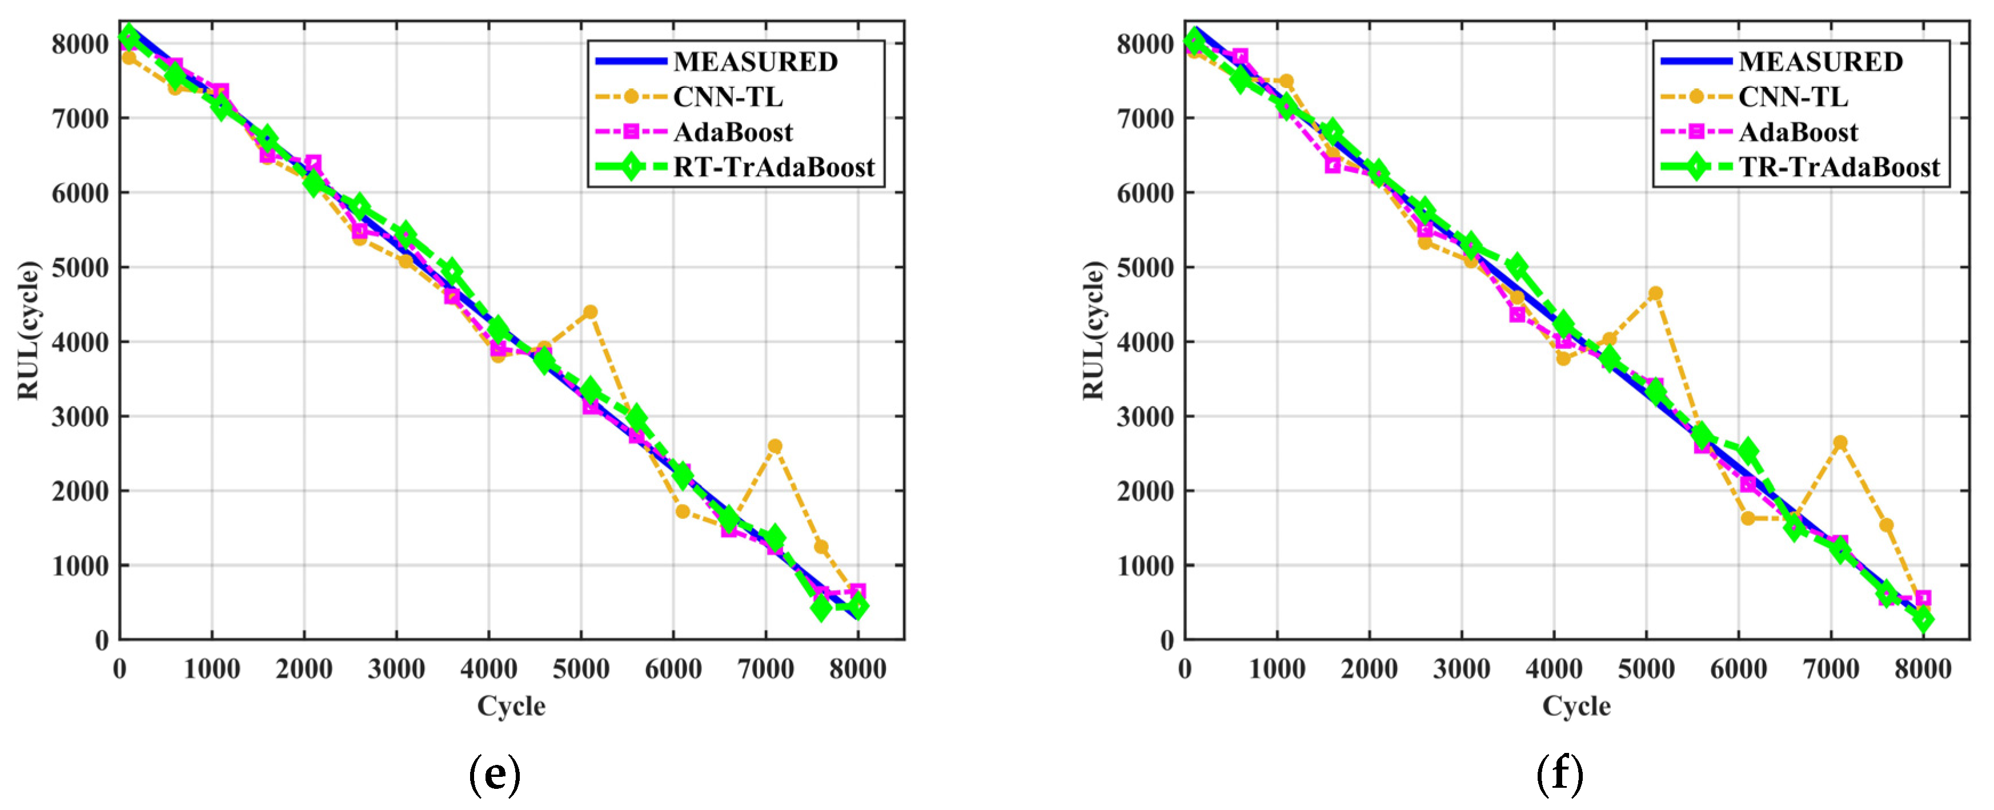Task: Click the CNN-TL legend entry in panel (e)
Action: [728, 96]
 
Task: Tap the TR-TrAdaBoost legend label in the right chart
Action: [1839, 167]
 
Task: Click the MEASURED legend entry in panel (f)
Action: [1820, 61]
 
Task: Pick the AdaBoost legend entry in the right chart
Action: [1798, 132]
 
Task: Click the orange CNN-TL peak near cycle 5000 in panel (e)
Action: [590, 312]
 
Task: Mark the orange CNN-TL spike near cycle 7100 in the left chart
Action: [774, 446]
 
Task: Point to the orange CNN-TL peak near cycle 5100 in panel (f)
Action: [1655, 293]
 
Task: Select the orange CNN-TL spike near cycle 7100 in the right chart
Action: [1840, 442]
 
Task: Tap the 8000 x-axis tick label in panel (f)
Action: [1923, 669]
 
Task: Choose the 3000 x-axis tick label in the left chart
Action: [396, 669]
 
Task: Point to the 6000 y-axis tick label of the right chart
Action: [1145, 192]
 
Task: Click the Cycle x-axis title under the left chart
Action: [511, 706]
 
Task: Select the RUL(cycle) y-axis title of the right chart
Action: [1093, 331]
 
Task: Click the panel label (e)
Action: [495, 775]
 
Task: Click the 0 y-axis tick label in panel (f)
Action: [1166, 640]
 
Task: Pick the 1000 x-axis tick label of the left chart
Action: [211, 669]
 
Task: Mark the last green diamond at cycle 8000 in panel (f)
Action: [1923, 619]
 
